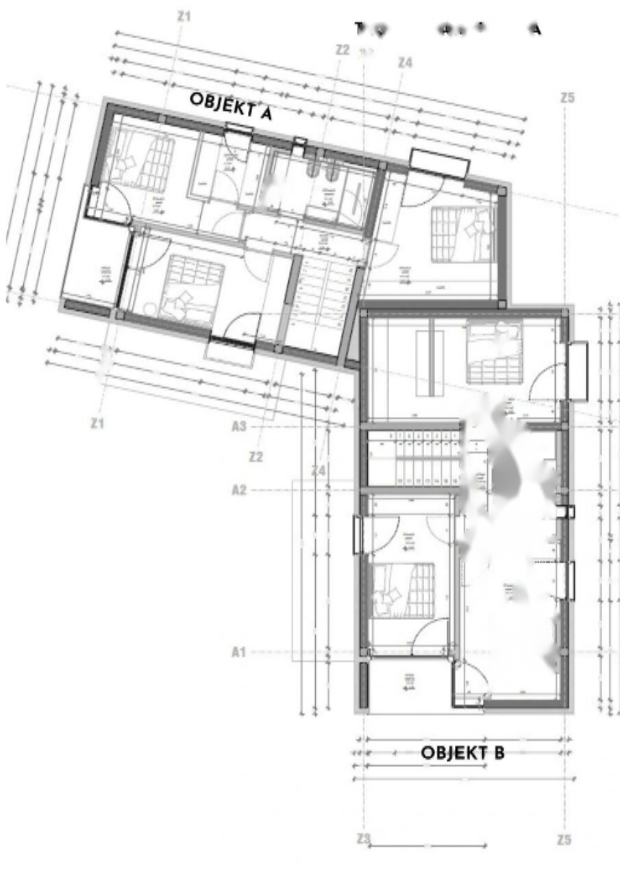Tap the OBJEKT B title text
(x=462, y=753)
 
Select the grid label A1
(x=238, y=652)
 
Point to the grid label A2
(x=238, y=490)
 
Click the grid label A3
(x=238, y=426)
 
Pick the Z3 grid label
(x=364, y=839)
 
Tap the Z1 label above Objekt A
(x=184, y=15)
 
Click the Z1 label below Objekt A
(x=97, y=424)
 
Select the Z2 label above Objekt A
(x=343, y=49)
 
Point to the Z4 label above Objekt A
(x=405, y=62)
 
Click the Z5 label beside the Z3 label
(x=564, y=840)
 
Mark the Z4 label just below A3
(x=318, y=470)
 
